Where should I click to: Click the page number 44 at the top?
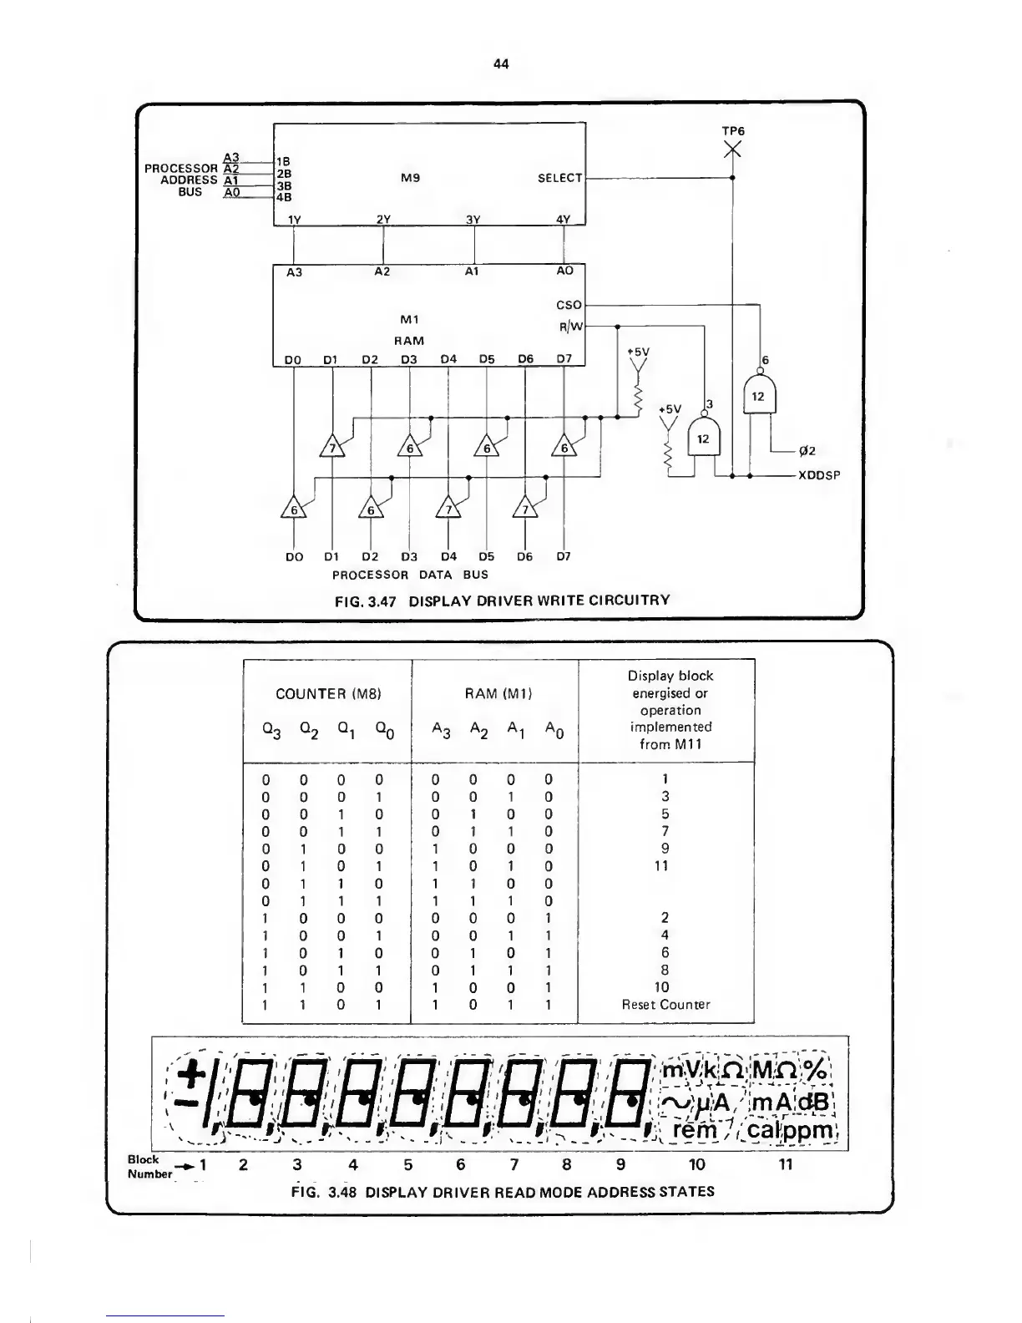pyautogui.click(x=502, y=63)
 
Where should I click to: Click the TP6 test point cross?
pyautogui.click(x=732, y=150)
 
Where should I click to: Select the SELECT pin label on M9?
pyautogui.click(x=559, y=178)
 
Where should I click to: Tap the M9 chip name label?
pyautogui.click(x=410, y=178)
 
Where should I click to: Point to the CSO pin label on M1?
pyautogui.click(x=568, y=305)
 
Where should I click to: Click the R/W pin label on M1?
pyautogui.click(x=570, y=327)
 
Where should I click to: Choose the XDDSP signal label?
pyautogui.click(x=818, y=476)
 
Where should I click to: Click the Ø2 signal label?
pyautogui.click(x=807, y=452)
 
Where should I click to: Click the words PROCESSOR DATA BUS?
pyautogui.click(x=410, y=575)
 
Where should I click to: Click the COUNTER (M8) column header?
pyautogui.click(x=328, y=693)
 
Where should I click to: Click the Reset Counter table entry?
pyautogui.click(x=665, y=1005)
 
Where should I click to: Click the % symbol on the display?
pyautogui.click(x=816, y=1070)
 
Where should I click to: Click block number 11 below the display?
pyautogui.click(x=785, y=1164)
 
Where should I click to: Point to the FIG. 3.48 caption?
pyautogui.click(x=503, y=1191)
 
